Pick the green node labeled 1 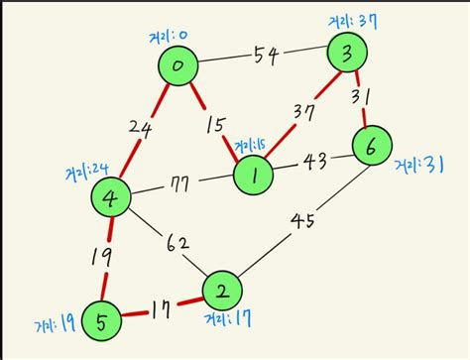255,176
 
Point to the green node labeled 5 102,320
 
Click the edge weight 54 265,57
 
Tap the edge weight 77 181,183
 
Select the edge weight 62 178,242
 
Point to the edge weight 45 303,218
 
